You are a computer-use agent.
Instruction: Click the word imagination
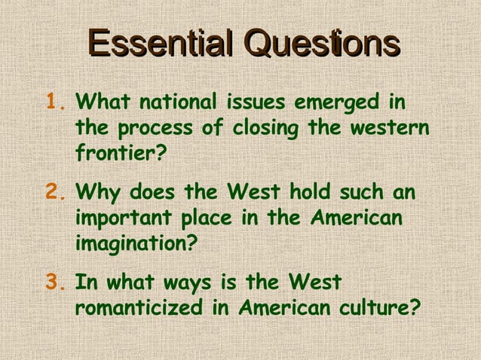(136, 244)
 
